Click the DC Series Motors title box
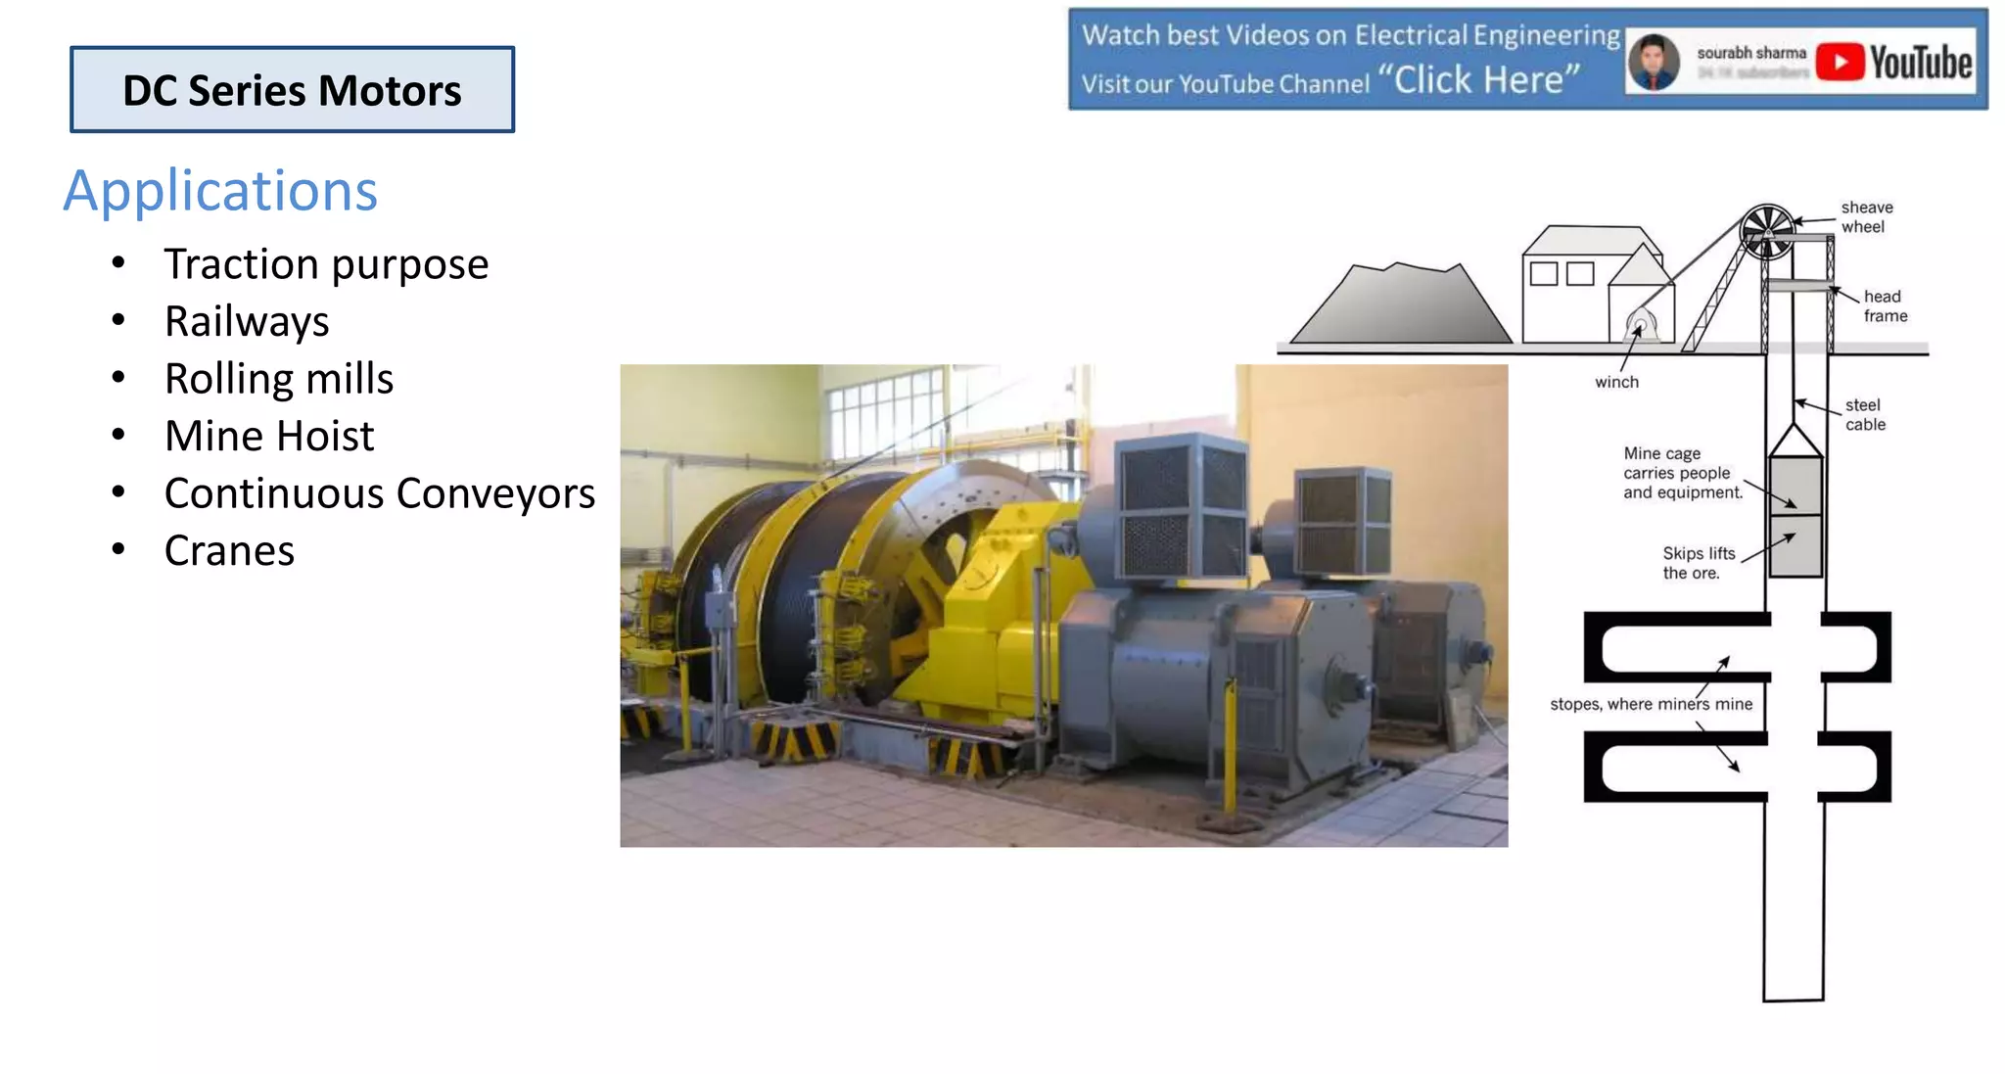[x=292, y=90]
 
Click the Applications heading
[x=220, y=190]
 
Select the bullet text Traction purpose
[x=326, y=264]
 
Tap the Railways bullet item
[x=247, y=321]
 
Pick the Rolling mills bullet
[x=279, y=379]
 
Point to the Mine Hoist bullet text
[x=269, y=436]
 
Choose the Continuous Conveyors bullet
[x=380, y=493]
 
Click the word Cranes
[x=229, y=551]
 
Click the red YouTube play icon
[x=1840, y=62]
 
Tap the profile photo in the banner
[x=1654, y=62]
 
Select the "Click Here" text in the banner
[x=1486, y=79]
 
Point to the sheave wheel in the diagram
[x=1767, y=231]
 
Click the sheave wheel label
[x=1866, y=217]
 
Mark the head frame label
[x=1885, y=306]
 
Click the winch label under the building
[x=1616, y=382]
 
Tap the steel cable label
[x=1864, y=415]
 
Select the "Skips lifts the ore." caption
[x=1698, y=563]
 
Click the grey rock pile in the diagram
[x=1399, y=305]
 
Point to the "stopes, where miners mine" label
[x=1651, y=704]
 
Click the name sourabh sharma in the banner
[x=1750, y=53]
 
